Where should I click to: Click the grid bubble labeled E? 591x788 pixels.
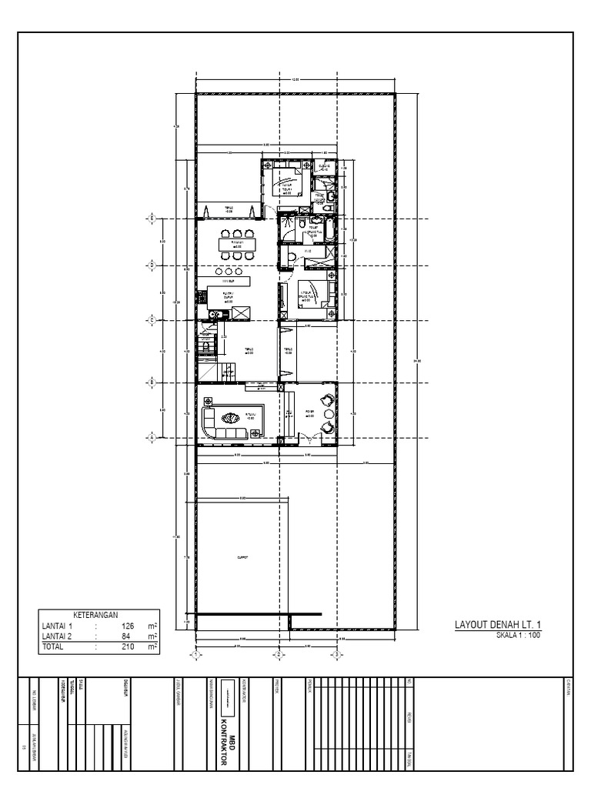[152, 219]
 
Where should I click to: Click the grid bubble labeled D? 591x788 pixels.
[152, 265]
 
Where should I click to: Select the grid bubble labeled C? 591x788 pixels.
[152, 319]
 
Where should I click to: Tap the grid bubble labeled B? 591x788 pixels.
[152, 381]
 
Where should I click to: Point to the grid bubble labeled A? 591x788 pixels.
[152, 438]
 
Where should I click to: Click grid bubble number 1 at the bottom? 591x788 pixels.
[195, 655]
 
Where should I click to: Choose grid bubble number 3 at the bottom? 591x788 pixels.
[336, 655]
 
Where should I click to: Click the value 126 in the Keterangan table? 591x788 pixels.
[128, 627]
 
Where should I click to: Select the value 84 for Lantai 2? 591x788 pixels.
[130, 637]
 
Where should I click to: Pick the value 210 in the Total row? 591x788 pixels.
[128, 648]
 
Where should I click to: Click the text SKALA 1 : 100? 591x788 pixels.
[519, 636]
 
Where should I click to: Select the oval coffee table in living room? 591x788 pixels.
[231, 419]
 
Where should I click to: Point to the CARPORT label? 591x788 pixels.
[243, 559]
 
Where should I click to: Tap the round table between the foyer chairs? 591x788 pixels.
[329, 414]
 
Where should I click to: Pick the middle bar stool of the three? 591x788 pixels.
[229, 272]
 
